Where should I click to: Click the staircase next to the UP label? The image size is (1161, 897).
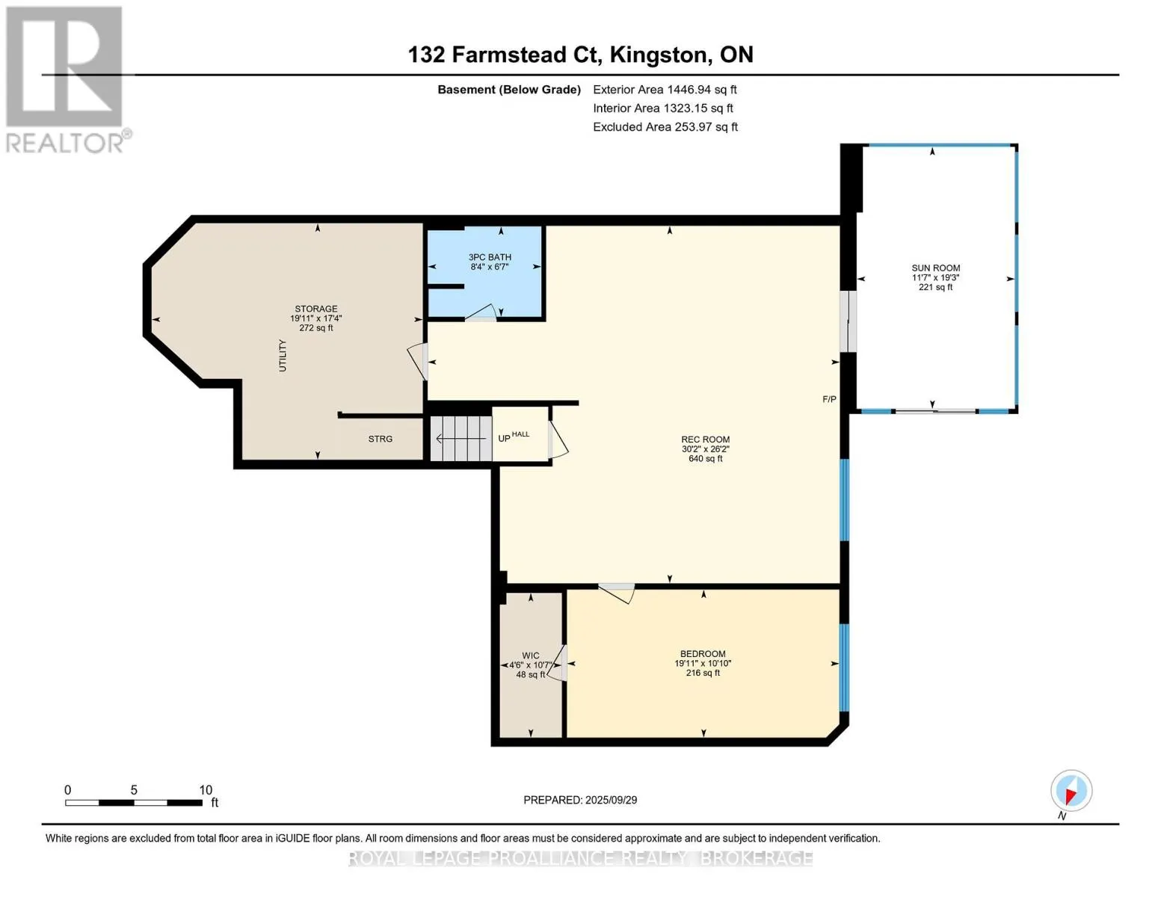click(x=461, y=438)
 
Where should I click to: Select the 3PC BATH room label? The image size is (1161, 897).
click(x=490, y=257)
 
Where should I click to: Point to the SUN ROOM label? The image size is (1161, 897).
click(x=935, y=268)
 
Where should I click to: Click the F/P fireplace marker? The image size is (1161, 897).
click(x=829, y=399)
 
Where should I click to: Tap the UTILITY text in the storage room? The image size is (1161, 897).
click(x=283, y=355)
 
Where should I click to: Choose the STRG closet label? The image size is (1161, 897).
click(x=380, y=439)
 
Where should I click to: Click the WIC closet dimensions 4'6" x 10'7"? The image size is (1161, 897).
click(x=531, y=665)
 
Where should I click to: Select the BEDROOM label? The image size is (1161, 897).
click(x=703, y=654)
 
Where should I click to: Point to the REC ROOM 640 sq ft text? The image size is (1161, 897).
click(x=705, y=458)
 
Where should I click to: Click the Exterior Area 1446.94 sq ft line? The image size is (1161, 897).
click(x=665, y=90)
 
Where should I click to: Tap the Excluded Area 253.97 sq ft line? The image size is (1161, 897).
click(x=665, y=127)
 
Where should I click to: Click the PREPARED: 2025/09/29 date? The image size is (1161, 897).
click(x=580, y=800)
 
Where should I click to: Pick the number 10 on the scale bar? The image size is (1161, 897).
click(x=206, y=789)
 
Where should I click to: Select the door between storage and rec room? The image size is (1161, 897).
click(x=418, y=361)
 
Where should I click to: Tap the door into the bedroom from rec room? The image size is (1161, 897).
click(x=616, y=593)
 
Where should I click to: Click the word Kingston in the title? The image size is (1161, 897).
click(x=659, y=55)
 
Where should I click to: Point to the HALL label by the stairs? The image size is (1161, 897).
click(x=520, y=434)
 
